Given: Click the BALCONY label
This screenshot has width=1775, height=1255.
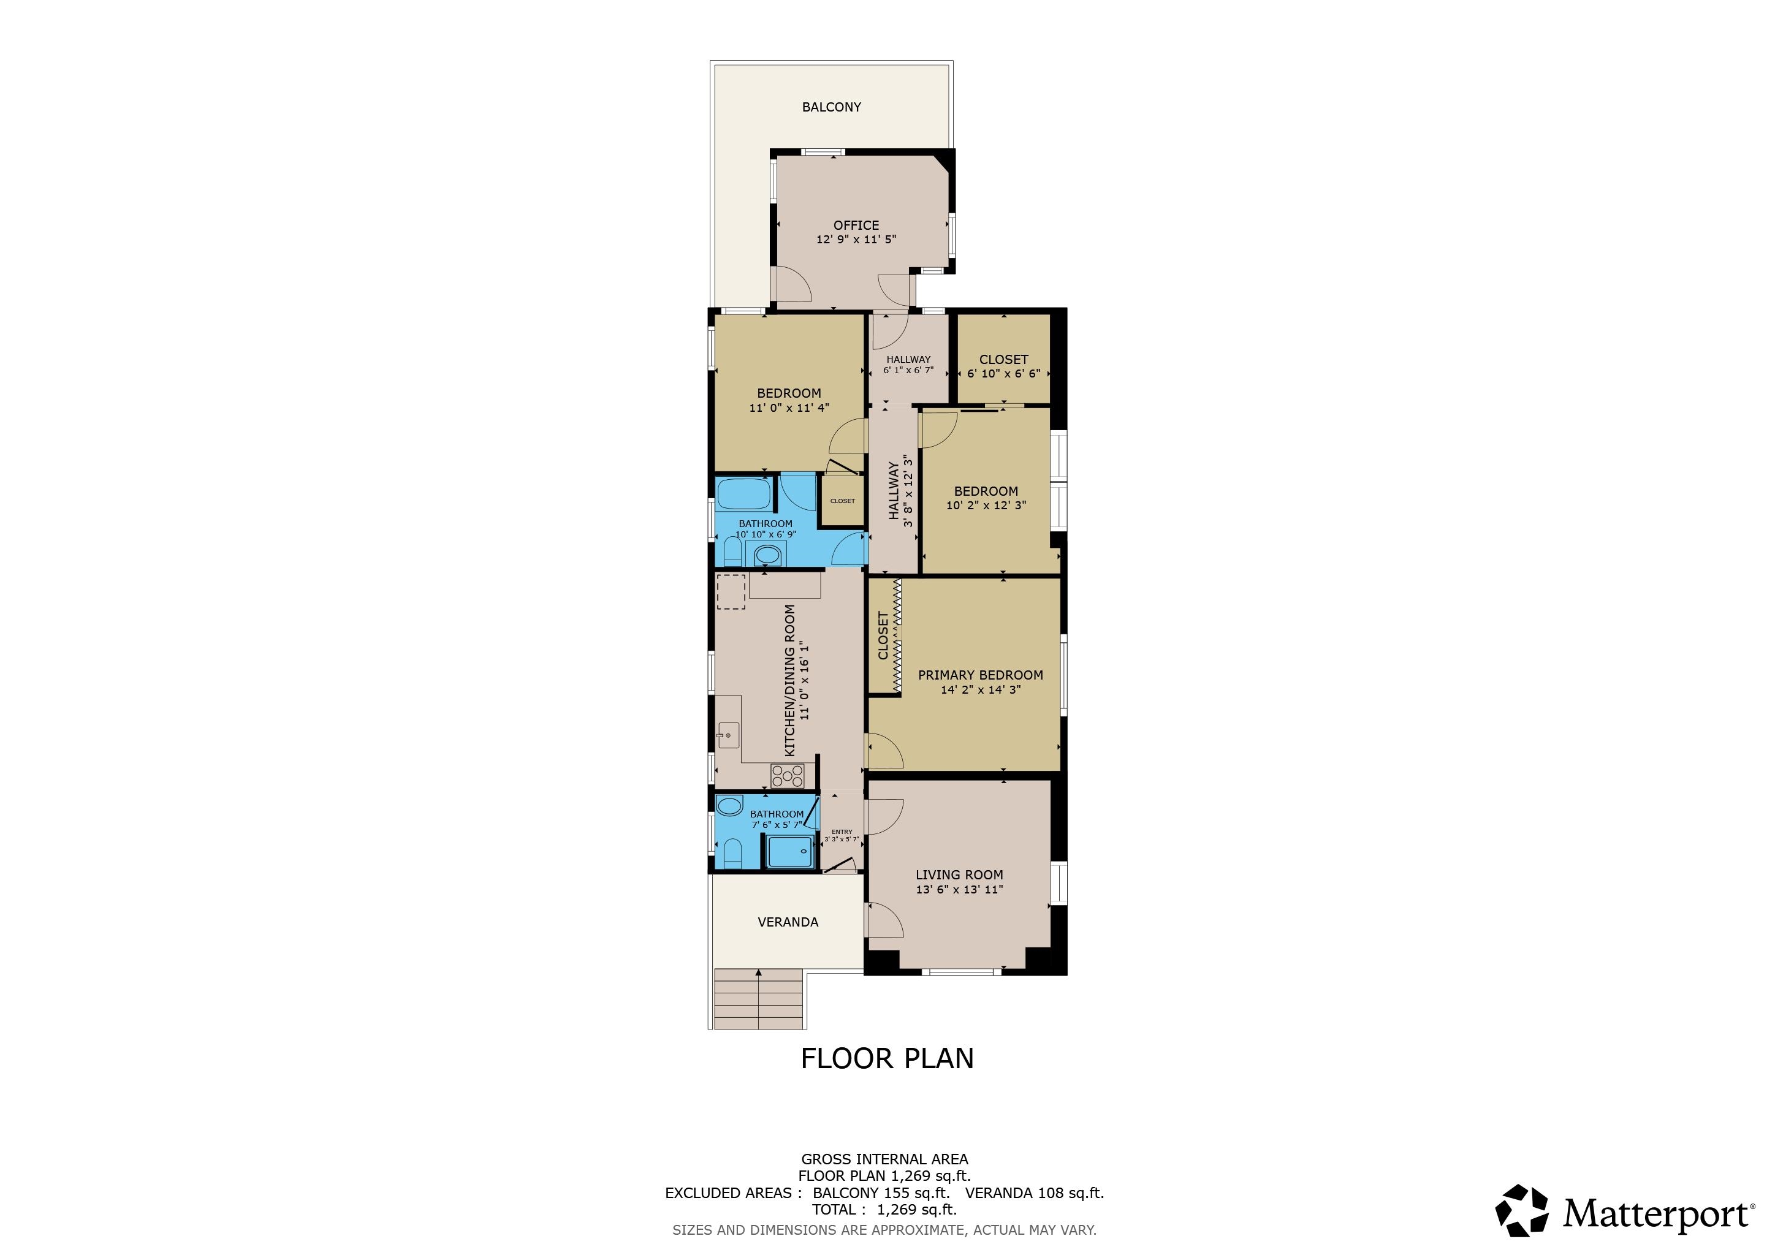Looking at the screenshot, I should (831, 107).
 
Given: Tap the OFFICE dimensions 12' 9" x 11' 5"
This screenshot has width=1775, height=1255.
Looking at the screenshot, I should (856, 240).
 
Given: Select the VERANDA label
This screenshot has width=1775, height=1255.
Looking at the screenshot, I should (788, 922).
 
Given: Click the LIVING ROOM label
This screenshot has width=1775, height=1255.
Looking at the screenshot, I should (959, 875).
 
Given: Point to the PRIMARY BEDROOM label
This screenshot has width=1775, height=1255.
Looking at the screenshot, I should (980, 675).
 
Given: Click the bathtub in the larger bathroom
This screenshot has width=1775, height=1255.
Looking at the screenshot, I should (743, 494).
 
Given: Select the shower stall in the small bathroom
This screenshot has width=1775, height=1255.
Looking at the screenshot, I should (790, 852).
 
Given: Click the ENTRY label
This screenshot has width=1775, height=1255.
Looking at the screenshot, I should (842, 832).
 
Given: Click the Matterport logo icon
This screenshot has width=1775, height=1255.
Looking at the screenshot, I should (1521, 1210).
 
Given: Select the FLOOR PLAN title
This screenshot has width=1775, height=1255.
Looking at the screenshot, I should (887, 1058).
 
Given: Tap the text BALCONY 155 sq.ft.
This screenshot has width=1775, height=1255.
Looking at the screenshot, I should (881, 1192).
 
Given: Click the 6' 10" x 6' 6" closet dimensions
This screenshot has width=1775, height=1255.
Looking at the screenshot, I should (1003, 373).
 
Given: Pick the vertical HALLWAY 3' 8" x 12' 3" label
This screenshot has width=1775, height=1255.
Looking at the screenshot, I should (900, 491).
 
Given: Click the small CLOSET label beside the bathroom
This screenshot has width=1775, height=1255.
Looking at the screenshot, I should (843, 501).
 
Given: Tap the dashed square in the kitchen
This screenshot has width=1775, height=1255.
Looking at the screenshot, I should (731, 592).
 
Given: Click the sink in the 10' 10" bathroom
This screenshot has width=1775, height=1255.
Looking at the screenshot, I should (767, 554).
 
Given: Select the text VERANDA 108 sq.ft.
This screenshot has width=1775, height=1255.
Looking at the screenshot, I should (1035, 1192).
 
